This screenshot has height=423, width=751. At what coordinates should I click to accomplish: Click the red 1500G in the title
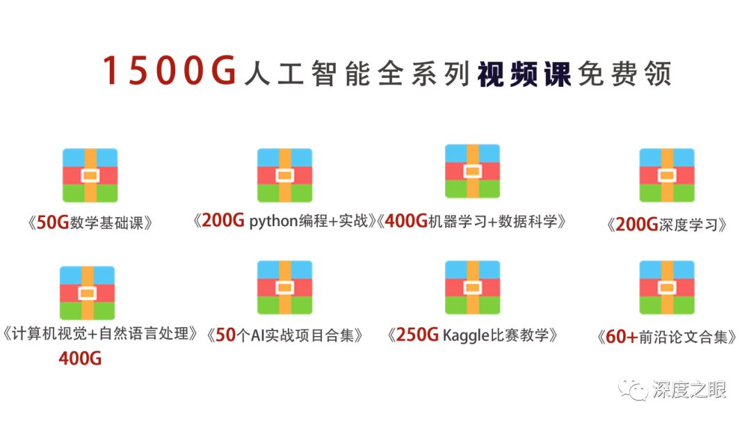170,70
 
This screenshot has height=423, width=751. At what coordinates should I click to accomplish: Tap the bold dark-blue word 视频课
524,74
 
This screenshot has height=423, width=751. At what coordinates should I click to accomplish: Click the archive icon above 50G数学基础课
90,175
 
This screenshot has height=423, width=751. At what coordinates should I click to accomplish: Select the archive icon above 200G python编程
284,175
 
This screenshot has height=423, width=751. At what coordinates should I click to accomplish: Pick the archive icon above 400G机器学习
472,171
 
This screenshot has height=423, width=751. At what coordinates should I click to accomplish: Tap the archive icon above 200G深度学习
667,175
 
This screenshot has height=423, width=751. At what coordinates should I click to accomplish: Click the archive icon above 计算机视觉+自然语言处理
87,293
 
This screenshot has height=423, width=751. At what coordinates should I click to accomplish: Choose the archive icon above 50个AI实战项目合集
284,287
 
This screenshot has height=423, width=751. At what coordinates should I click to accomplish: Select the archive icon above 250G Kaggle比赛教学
472,287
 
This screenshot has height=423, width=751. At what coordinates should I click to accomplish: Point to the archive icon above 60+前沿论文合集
667,287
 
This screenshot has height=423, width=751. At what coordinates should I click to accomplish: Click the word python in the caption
273,222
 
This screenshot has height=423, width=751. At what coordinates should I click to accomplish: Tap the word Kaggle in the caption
465,335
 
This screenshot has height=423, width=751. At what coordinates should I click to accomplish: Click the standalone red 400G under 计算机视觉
80,358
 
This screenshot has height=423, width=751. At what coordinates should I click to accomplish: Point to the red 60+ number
622,337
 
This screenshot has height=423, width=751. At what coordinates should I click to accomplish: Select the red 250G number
417,335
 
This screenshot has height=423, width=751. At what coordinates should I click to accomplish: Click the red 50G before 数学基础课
53,223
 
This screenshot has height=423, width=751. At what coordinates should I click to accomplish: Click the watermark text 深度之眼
688,390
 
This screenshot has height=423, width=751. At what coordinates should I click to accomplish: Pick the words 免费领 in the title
624,74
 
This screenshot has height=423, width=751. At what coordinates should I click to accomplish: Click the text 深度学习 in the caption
688,225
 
